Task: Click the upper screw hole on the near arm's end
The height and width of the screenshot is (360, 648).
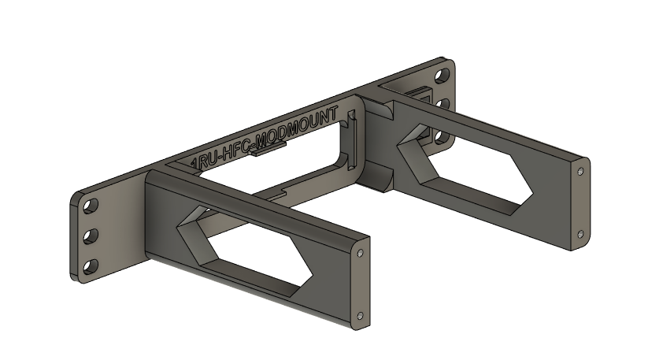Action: click(x=361, y=254)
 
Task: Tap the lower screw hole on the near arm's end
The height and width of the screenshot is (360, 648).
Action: click(x=361, y=315)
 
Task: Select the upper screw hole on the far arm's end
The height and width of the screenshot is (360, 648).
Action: click(x=581, y=170)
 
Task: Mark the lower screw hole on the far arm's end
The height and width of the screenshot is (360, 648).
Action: click(x=581, y=233)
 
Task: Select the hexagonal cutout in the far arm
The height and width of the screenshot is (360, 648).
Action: click(x=465, y=169)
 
